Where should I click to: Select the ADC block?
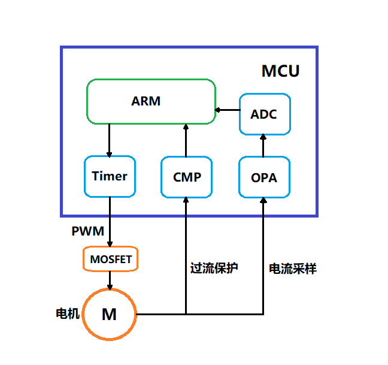(264, 114)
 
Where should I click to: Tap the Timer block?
(110, 176)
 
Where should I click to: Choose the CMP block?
(187, 177)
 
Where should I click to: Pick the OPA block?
(264, 177)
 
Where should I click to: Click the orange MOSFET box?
(110, 260)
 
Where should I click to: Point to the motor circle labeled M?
(109, 314)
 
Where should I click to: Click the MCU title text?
(280, 71)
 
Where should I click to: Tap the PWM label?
(87, 231)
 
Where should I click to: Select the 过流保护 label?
(214, 268)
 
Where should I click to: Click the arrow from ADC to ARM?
(228, 110)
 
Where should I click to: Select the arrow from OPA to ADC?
(263, 145)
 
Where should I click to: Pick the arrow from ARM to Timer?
(110, 140)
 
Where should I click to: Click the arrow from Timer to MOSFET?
(110, 222)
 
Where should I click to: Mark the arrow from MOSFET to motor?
(110, 279)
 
